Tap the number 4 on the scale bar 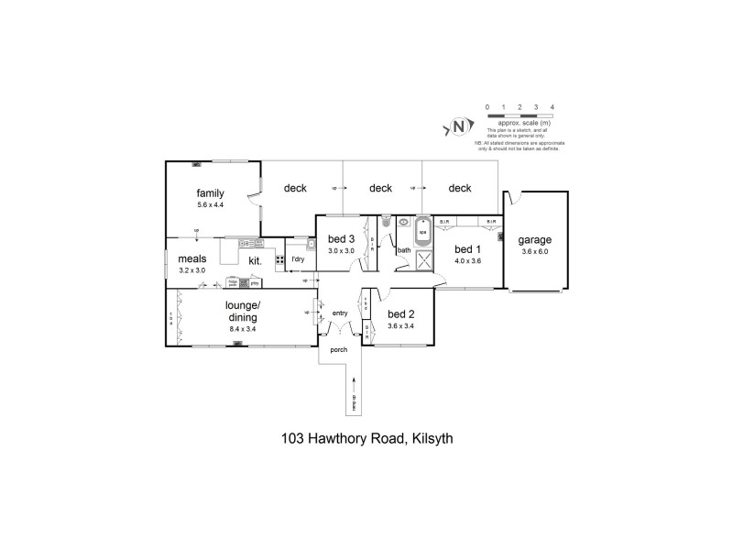[551, 108]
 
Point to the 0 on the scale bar [487, 108]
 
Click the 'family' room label [211, 193]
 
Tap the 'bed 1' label [467, 249]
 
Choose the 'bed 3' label [342, 239]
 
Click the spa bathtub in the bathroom [423, 230]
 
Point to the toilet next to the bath [387, 221]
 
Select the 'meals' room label [193, 259]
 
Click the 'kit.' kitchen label [256, 260]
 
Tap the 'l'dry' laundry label [298, 259]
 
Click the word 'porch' [339, 348]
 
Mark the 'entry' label [340, 313]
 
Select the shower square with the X [424, 260]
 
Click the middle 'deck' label [381, 189]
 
